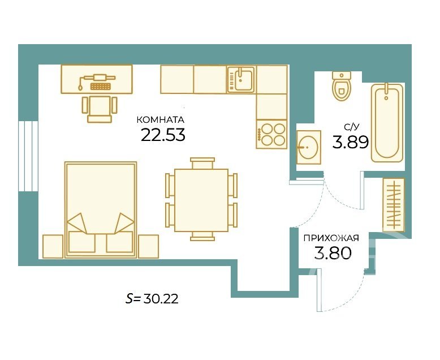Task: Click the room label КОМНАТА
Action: (160, 120)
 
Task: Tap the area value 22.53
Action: (163, 135)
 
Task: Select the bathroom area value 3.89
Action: (350, 142)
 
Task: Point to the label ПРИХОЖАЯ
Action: (331, 238)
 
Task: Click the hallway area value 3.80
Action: (333, 252)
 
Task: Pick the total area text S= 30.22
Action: (152, 299)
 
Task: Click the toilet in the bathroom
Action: (342, 85)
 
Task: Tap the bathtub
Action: (387, 123)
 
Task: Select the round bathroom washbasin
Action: (309, 147)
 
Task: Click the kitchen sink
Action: (241, 79)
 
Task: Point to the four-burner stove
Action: (271, 134)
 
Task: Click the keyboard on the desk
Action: (100, 86)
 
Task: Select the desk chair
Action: (100, 109)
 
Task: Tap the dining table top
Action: (201, 200)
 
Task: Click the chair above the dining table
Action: (202, 164)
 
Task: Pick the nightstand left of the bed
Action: (53, 246)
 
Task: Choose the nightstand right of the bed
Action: (148, 246)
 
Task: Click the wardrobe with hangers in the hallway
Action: (394, 205)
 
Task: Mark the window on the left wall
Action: (28, 156)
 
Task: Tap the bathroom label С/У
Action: (352, 127)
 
